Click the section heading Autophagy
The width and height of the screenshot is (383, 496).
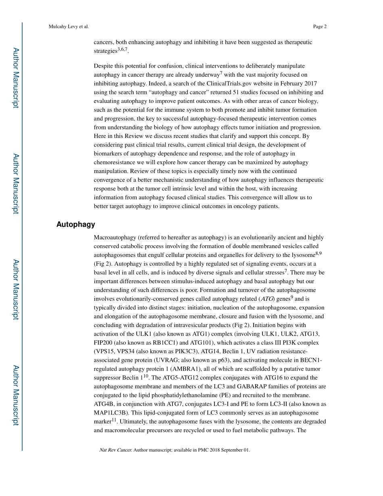[x=76, y=225]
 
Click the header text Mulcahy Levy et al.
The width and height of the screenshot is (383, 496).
[x=69, y=27]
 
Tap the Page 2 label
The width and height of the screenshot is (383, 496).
[x=319, y=27]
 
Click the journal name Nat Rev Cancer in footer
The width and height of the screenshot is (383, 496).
[x=115, y=450]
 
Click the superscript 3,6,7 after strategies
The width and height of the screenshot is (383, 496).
[x=123, y=50]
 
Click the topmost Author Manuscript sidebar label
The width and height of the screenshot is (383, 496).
[x=15, y=78]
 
